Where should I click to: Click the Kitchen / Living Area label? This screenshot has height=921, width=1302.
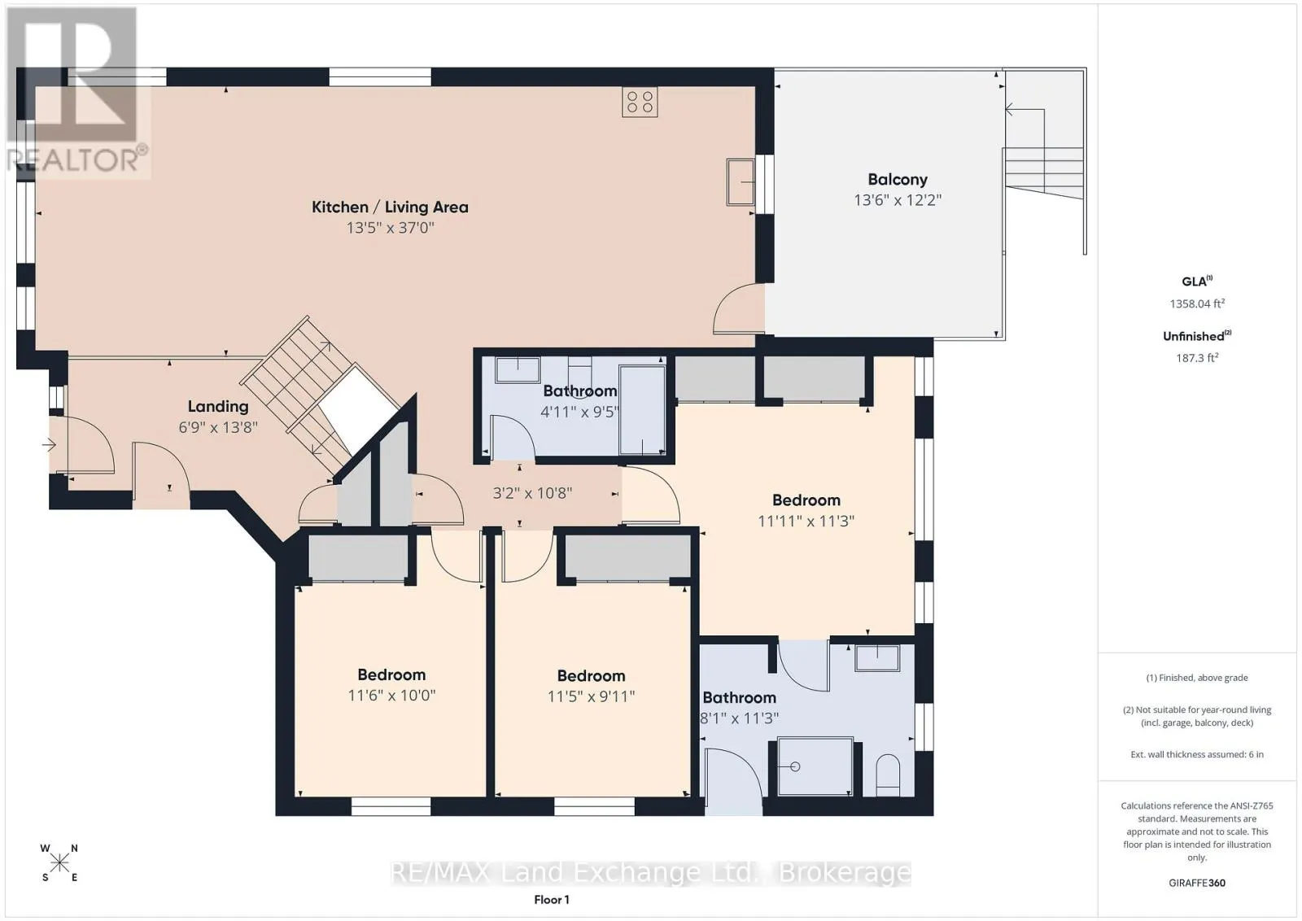pos(390,207)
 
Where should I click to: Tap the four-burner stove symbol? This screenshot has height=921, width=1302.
pos(640,103)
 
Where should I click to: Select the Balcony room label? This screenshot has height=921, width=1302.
pos(898,180)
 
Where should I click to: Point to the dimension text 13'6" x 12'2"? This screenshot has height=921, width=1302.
pos(898,200)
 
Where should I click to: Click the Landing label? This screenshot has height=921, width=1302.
pos(218,407)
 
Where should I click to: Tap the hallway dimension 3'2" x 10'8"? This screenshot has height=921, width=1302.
pos(532,493)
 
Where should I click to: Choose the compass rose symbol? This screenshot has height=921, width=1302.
pos(59,863)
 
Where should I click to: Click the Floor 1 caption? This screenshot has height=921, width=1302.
pos(552,900)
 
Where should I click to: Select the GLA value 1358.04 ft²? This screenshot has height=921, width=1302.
pos(1197,303)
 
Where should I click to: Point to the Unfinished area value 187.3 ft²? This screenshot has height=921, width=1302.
pos(1197,358)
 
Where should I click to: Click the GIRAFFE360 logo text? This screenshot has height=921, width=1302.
pos(1197,883)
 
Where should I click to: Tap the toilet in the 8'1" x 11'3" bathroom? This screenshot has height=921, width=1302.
pos(888,775)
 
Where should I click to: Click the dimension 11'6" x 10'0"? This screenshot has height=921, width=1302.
pos(391,696)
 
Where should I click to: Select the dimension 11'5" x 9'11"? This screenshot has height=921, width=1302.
pos(591,696)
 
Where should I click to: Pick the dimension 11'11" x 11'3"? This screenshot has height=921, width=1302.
pos(806,522)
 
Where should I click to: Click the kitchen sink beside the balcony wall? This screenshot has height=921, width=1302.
pos(741,182)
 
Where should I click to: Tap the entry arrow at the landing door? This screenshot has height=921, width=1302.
pos(49,445)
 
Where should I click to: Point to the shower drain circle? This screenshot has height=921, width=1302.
pos(795,767)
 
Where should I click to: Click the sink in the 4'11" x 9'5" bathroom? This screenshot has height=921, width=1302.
pos(518,370)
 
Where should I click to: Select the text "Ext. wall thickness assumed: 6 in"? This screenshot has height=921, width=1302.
pos(1197,754)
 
